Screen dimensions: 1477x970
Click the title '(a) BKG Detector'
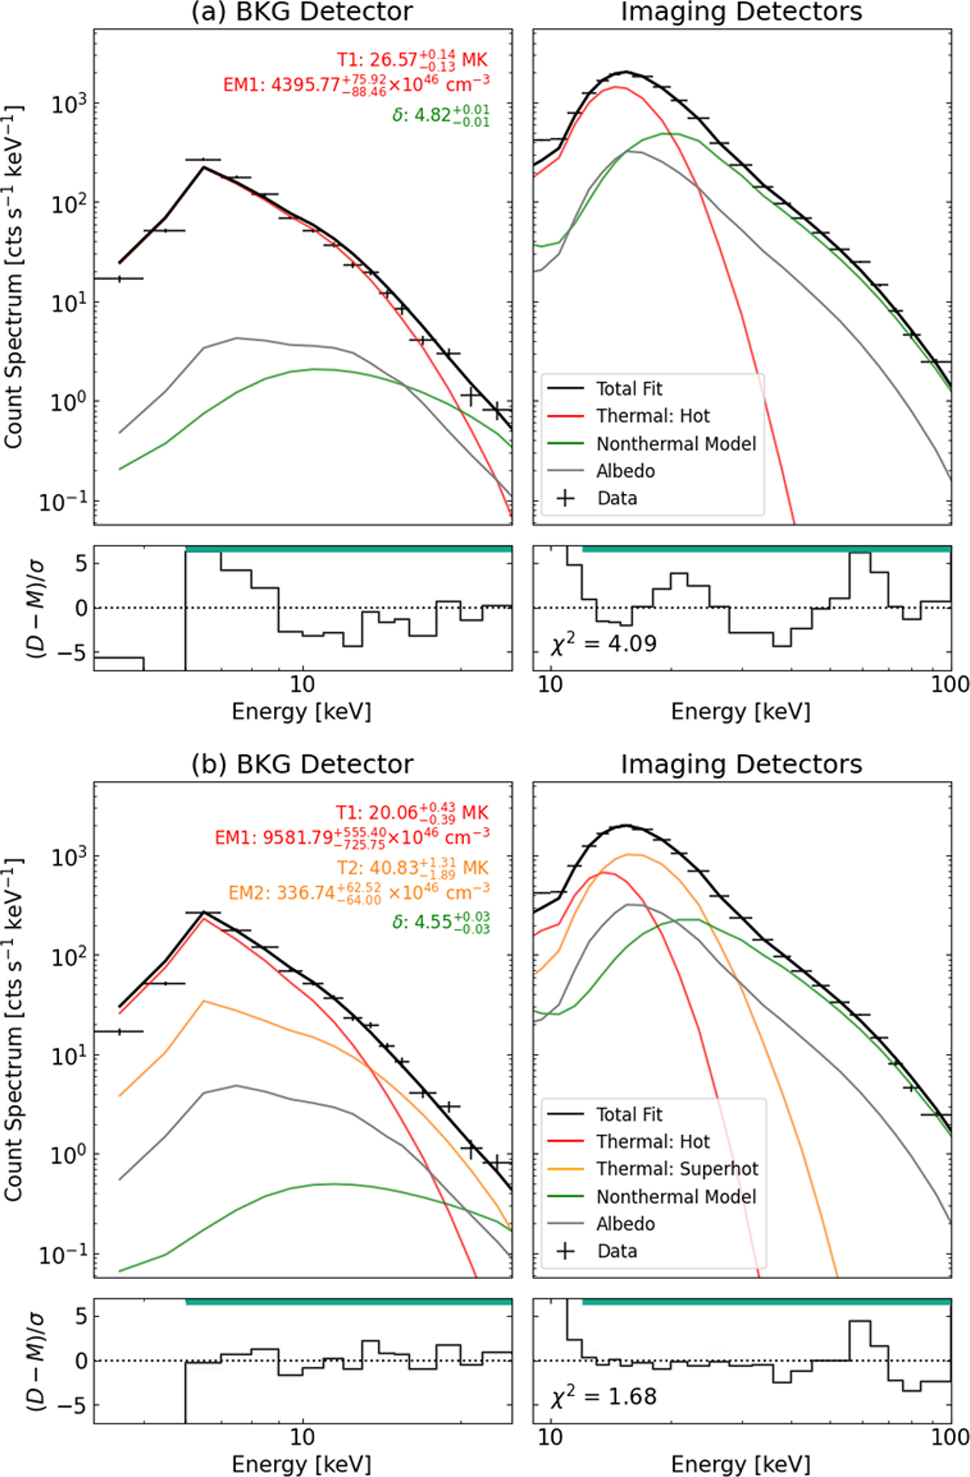click(x=302, y=12)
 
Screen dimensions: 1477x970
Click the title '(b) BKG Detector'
click(x=302, y=764)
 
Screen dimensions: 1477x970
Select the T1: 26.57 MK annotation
click(x=412, y=61)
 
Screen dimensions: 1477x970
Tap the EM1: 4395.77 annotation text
click(x=356, y=84)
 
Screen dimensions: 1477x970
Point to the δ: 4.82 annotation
click(x=441, y=115)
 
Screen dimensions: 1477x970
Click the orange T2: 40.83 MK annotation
click(x=412, y=868)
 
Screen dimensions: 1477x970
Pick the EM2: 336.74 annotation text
click(x=359, y=892)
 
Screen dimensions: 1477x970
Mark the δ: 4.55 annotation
click(x=441, y=922)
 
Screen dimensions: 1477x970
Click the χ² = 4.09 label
click(x=603, y=644)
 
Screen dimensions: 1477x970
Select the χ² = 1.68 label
click(x=603, y=1396)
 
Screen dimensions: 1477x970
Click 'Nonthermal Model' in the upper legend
click(x=676, y=444)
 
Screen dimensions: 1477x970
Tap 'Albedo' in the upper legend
click(x=626, y=471)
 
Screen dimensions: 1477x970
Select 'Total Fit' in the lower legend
click(x=629, y=1115)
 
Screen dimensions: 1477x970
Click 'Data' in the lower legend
click(x=617, y=1251)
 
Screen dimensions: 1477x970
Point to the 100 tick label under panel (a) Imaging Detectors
click(x=950, y=685)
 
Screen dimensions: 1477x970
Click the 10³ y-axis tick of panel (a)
click(x=70, y=104)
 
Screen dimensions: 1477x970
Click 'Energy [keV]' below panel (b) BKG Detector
click(x=301, y=1464)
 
